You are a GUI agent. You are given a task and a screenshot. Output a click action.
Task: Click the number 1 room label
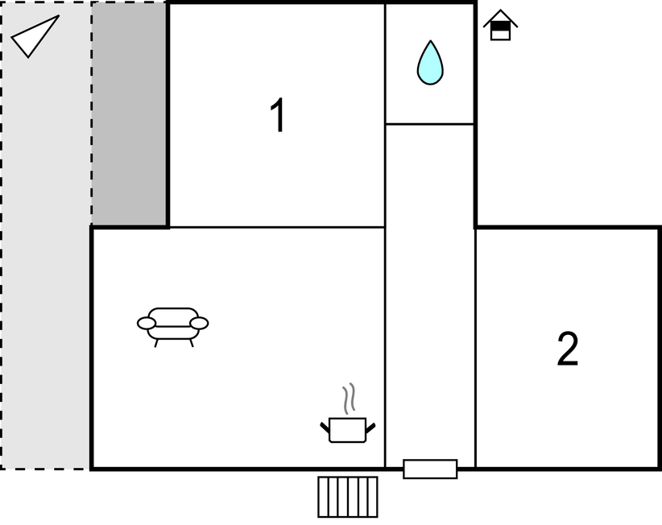pos(278,115)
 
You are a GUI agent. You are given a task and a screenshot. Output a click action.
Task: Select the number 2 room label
pos(568,349)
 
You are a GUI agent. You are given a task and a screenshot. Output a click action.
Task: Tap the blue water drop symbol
pos(430,63)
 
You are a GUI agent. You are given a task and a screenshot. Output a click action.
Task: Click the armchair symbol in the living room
pos(172,327)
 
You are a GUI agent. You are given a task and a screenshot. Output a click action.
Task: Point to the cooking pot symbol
pos(347,430)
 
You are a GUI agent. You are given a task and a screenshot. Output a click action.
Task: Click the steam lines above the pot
pos(349,398)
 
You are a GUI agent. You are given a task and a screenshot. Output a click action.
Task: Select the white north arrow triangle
pos(35,36)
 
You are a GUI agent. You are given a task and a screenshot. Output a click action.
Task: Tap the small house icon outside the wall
pos(500,25)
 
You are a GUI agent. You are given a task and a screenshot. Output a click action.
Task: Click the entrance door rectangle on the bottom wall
pos(430,469)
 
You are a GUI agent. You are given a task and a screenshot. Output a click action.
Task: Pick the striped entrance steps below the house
pos(347,497)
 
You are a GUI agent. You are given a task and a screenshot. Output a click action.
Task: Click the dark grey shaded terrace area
pos(129,113)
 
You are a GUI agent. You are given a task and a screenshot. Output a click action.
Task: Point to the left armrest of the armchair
pos(147,323)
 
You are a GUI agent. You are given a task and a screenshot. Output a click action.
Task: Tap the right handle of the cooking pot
pos(370,428)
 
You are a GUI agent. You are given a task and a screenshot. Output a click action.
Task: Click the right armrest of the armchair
pos(199,323)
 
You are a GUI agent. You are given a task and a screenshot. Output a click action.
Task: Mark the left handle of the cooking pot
pos(325,428)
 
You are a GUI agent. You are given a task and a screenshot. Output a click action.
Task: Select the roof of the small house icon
pos(500,17)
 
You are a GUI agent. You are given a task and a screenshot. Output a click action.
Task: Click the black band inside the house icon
pos(500,26)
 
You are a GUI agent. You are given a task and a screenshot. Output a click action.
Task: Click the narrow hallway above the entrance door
pos(430,291)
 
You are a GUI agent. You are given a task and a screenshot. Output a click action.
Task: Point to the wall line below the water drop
pos(430,124)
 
